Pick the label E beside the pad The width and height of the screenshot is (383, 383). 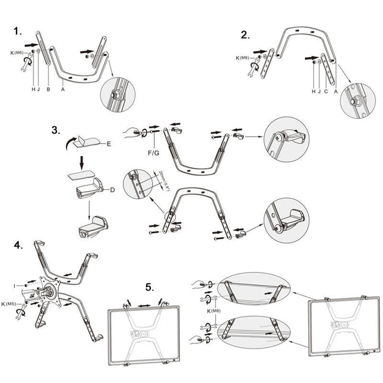109,144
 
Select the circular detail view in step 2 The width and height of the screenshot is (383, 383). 357,99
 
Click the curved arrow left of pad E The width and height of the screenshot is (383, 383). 70,141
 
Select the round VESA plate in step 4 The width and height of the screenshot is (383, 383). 50,290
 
